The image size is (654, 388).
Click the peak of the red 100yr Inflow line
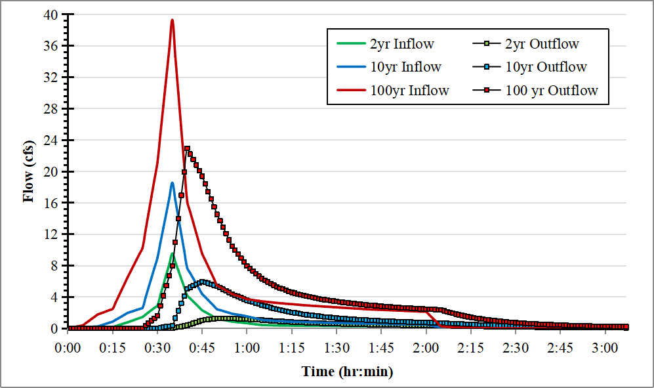click(172, 20)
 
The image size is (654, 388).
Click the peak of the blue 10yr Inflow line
click(172, 183)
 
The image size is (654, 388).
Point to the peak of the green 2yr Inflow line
click(172, 253)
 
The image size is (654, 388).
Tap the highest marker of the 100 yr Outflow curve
click(187, 148)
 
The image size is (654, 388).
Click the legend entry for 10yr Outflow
click(546, 67)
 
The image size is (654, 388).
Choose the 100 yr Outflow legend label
click(552, 91)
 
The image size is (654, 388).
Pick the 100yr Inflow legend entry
click(409, 91)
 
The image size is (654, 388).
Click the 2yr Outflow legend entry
click(542, 45)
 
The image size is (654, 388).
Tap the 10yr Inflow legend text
click(405, 67)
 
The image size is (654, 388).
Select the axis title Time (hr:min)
click(347, 372)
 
